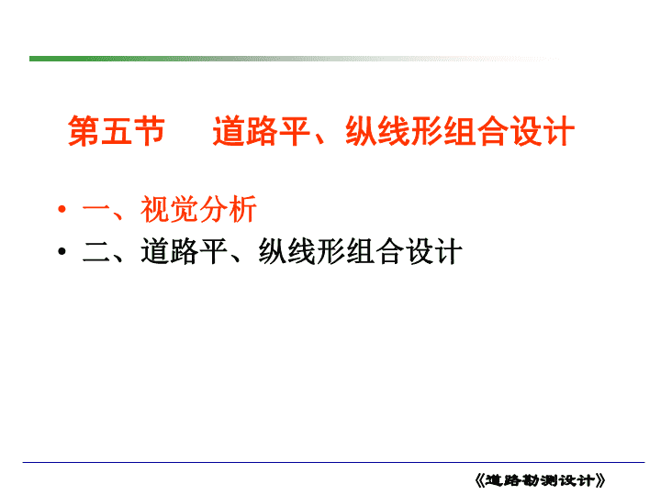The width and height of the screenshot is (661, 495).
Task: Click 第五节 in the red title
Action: (116, 131)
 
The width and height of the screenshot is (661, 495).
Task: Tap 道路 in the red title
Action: (245, 131)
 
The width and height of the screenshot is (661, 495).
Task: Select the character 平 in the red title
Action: (295, 131)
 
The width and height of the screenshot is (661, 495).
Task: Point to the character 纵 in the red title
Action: (362, 131)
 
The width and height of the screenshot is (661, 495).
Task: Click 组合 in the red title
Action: (460, 131)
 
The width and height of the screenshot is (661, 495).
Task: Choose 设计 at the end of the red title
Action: (543, 131)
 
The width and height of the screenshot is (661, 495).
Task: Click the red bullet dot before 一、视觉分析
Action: (62, 209)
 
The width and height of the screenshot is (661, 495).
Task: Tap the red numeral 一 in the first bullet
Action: (96, 209)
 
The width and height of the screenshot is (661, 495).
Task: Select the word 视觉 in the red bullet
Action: (170, 209)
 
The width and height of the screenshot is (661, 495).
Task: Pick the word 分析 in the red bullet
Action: (228, 209)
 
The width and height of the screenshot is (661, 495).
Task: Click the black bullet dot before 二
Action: (62, 251)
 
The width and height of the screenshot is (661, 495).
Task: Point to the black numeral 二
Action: (96, 252)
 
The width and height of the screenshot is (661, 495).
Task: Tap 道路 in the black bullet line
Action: (170, 251)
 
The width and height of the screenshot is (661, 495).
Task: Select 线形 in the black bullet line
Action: (316, 251)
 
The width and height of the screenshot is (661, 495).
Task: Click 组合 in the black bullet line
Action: (375, 251)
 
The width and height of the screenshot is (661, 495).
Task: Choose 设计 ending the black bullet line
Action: (433, 251)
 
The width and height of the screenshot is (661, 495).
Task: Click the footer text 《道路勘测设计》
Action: (540, 480)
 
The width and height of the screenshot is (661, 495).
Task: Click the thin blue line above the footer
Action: (333, 462)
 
